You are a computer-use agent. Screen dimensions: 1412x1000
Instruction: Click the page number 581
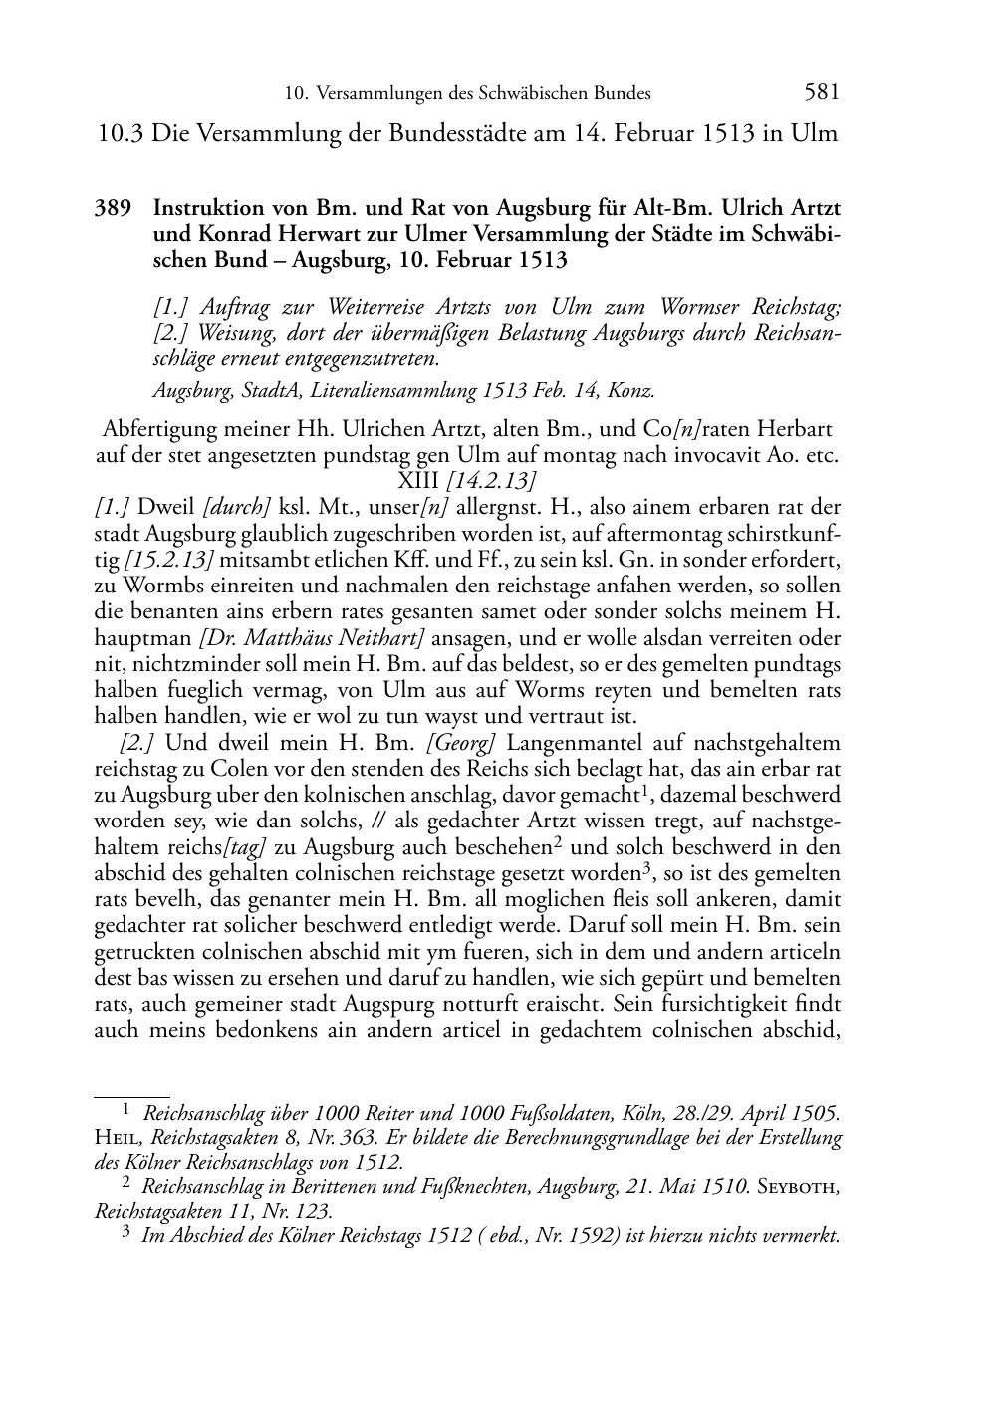[x=821, y=93]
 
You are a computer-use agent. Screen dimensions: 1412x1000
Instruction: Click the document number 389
[x=113, y=210]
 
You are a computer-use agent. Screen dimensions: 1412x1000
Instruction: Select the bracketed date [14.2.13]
[x=495, y=483]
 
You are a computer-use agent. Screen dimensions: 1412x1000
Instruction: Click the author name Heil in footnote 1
[x=118, y=1138]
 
